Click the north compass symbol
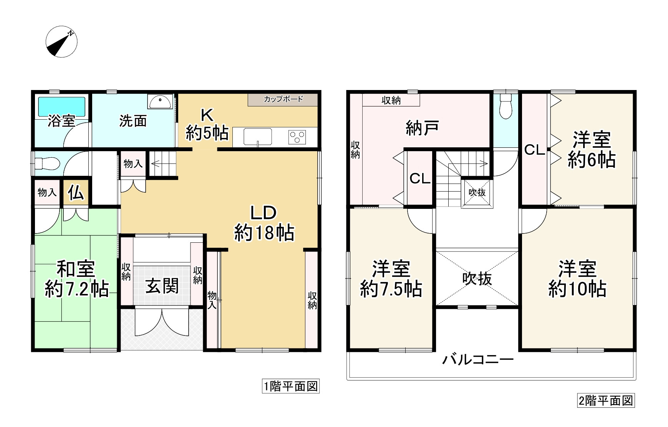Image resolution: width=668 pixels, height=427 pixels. coord(61,42)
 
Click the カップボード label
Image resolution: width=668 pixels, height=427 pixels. coord(283,99)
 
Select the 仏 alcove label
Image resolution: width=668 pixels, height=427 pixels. coord(76,192)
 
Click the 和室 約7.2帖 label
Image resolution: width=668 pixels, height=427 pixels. coord(76,279)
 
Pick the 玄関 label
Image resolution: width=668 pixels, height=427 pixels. coord(162,286)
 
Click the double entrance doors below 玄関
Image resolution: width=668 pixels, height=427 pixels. coord(162,323)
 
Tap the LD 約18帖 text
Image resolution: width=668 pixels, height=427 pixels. coord(264,223)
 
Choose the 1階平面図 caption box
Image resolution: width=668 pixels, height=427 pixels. coord(290,386)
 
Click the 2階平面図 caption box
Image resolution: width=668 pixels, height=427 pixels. coord(606,401)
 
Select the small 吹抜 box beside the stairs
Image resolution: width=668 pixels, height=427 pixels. coord(477,193)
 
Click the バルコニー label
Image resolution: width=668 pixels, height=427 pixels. coord(478,360)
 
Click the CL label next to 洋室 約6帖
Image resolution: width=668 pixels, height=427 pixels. coord(534,150)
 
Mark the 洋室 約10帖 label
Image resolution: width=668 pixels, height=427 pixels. coord(577,279)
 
